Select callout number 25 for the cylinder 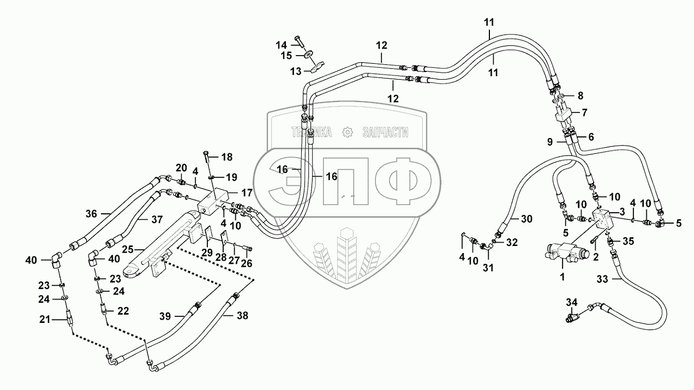click(x=127, y=249)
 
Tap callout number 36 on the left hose click(x=91, y=214)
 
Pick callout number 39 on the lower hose click(x=165, y=316)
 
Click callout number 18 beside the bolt click(x=226, y=157)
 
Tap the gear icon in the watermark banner click(x=346, y=131)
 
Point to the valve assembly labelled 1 click(x=565, y=253)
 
